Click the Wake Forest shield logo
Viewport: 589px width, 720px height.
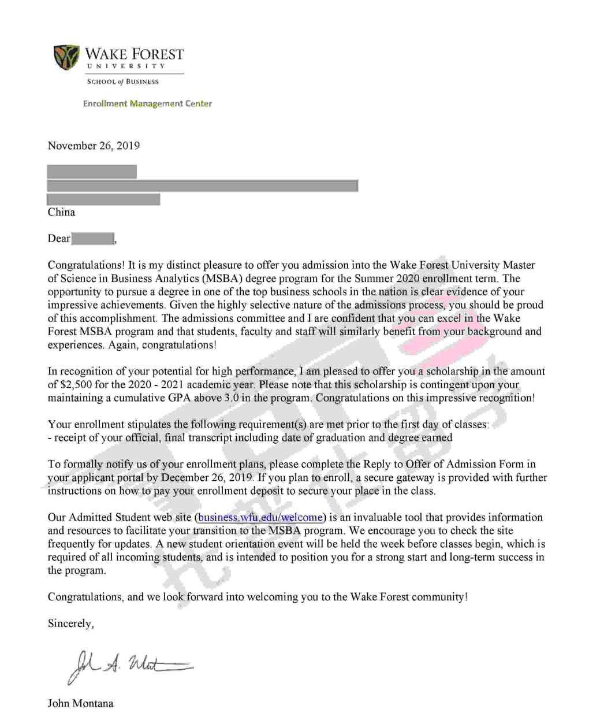(x=66, y=57)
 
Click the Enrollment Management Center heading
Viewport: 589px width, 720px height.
(x=147, y=103)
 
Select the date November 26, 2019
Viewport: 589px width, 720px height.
(x=94, y=146)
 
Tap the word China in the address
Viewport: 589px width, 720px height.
(x=61, y=212)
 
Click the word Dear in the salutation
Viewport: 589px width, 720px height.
(x=59, y=239)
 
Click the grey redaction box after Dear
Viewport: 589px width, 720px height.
(x=92, y=238)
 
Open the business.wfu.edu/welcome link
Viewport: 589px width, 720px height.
(x=260, y=517)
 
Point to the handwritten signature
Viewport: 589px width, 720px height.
(x=130, y=666)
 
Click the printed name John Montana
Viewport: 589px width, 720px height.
(x=80, y=703)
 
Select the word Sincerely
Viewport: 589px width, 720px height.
(x=70, y=623)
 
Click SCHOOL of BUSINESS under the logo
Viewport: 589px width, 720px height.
(x=122, y=81)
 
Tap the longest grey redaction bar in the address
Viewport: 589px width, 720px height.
(x=202, y=185)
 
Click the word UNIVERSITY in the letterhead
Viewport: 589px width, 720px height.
(x=126, y=66)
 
